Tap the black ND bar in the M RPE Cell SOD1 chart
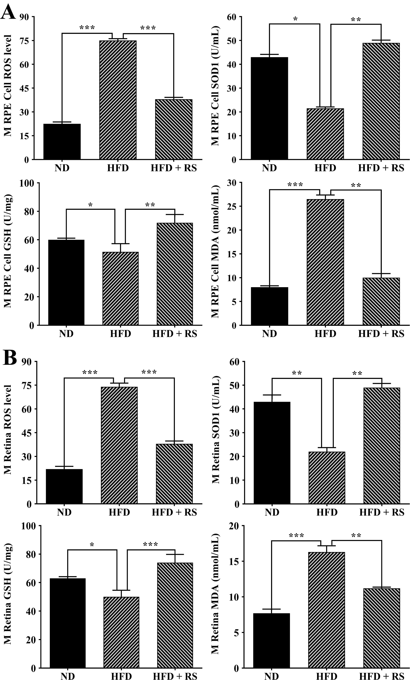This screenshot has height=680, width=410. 269,108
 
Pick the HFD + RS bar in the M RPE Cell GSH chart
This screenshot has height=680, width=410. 175,274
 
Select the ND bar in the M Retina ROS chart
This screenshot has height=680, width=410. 64,486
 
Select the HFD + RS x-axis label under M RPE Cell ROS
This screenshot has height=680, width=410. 174,168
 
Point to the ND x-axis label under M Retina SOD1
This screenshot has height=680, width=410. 272,513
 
